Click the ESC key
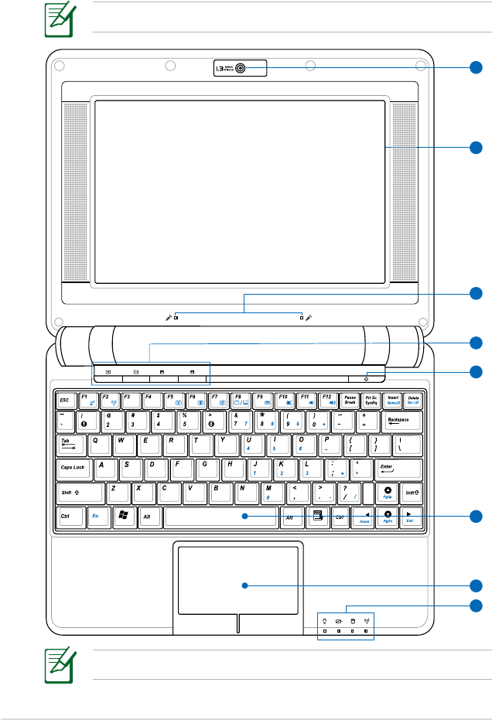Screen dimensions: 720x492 coord(67,401)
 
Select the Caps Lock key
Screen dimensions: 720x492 coord(73,469)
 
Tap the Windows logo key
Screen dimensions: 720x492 coord(123,517)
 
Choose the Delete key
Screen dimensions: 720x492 coord(414,401)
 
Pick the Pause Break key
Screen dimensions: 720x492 coord(350,401)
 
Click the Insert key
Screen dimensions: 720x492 coord(393,401)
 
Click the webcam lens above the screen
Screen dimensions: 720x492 coord(241,68)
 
